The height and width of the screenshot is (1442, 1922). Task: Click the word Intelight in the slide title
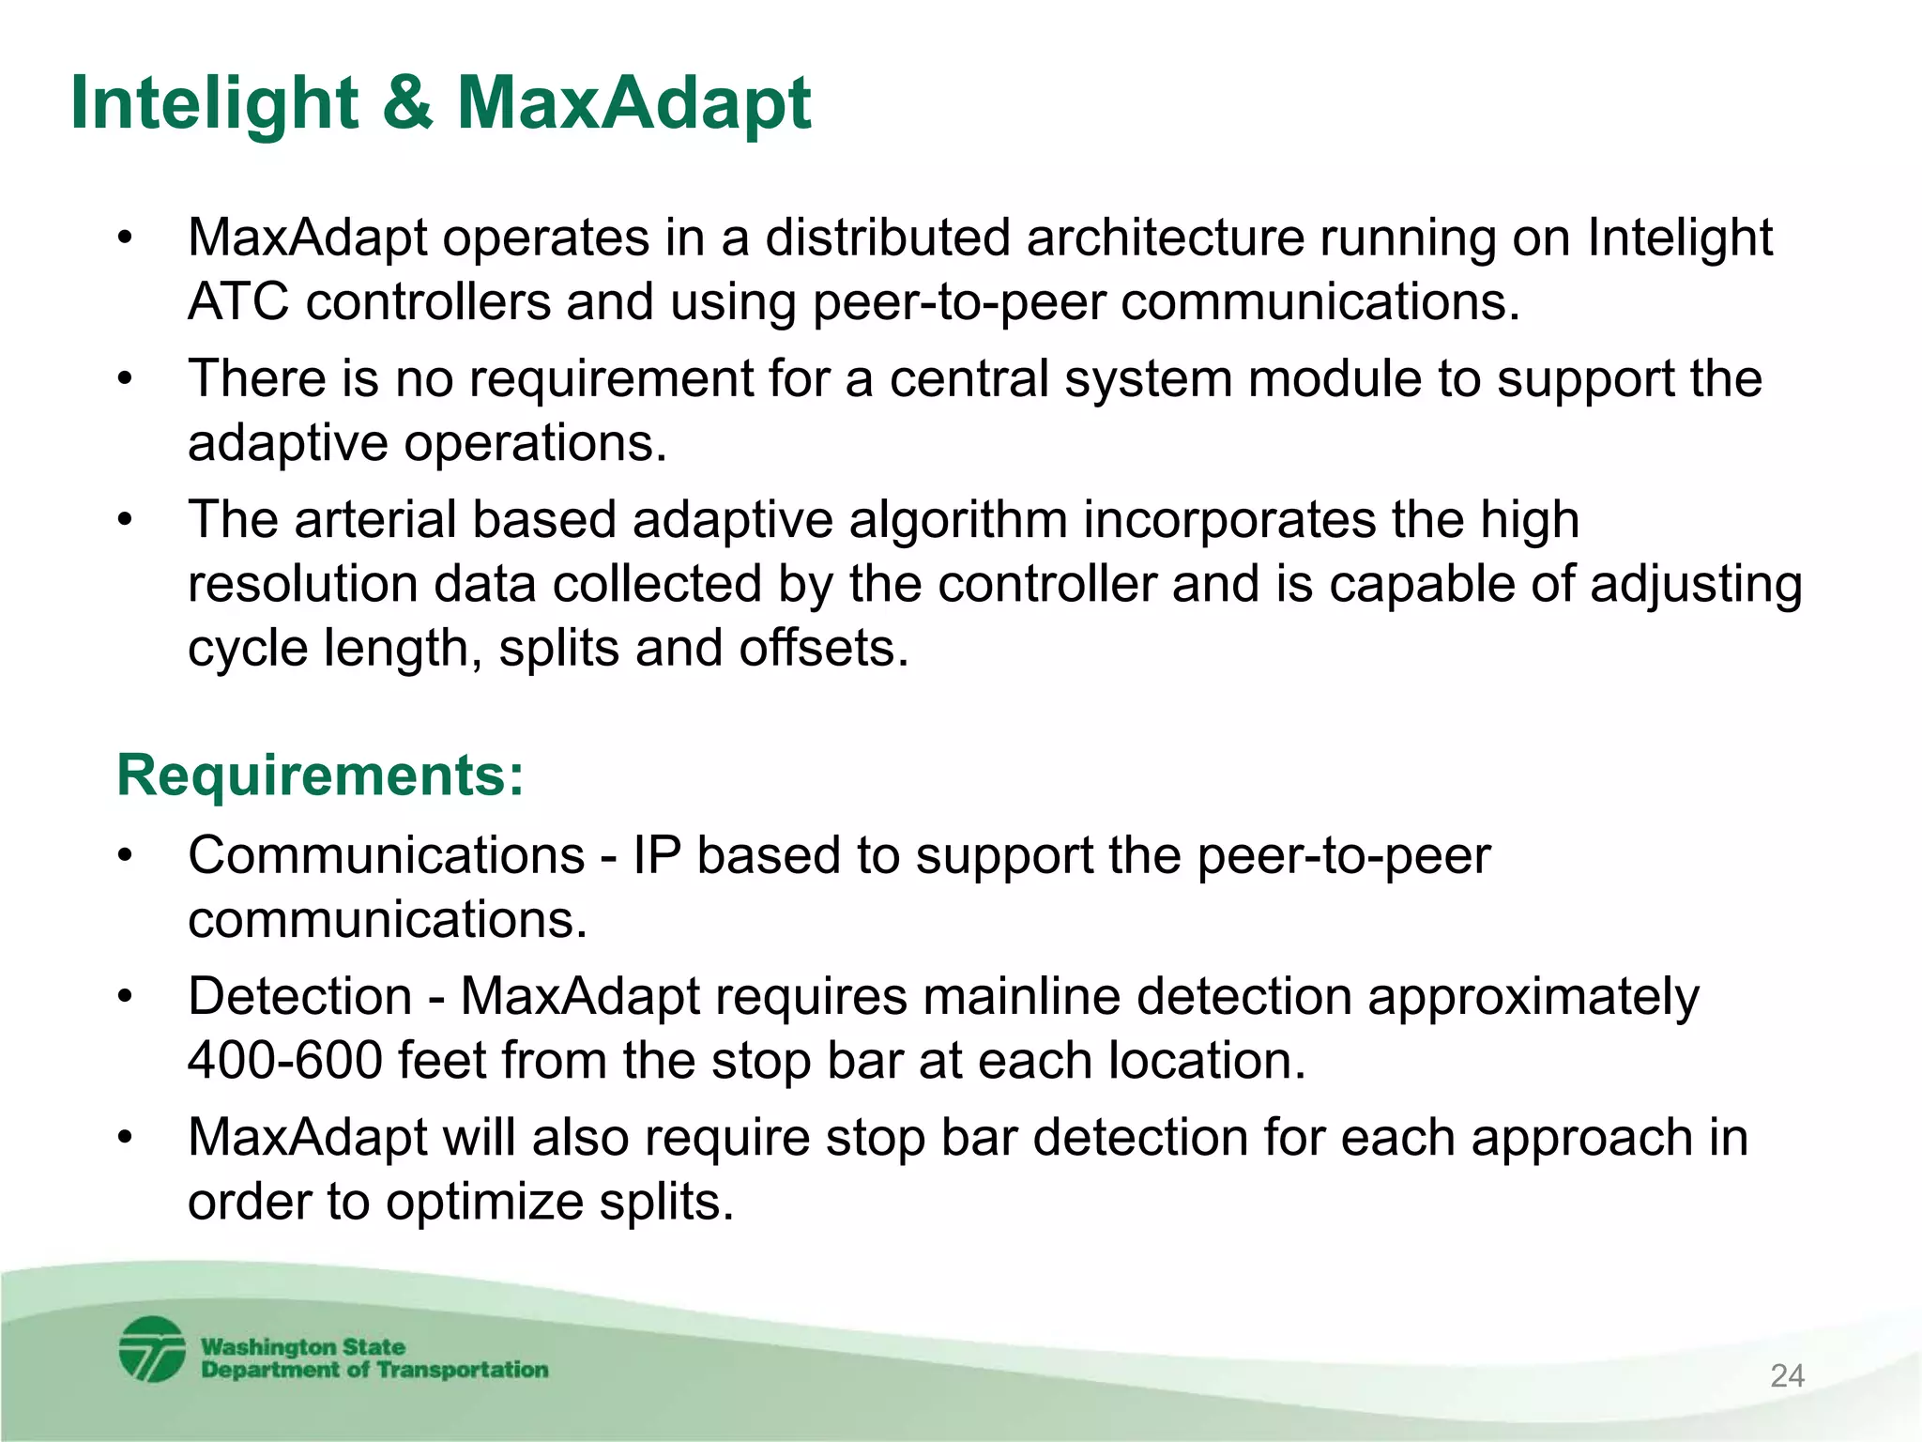(x=214, y=103)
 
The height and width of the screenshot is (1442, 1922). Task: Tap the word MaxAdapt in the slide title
(x=633, y=103)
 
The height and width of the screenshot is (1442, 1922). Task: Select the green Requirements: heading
(x=320, y=775)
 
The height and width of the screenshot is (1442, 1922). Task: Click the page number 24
(x=1787, y=1375)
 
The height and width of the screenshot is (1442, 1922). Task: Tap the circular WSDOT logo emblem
(x=152, y=1349)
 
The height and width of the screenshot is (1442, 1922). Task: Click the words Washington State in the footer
(x=303, y=1346)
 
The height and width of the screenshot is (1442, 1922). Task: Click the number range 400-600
(x=284, y=1061)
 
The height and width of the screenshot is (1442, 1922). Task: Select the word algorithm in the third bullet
(x=958, y=520)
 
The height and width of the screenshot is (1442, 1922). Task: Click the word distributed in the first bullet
(x=887, y=238)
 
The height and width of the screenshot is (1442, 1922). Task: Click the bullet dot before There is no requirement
(x=126, y=380)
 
